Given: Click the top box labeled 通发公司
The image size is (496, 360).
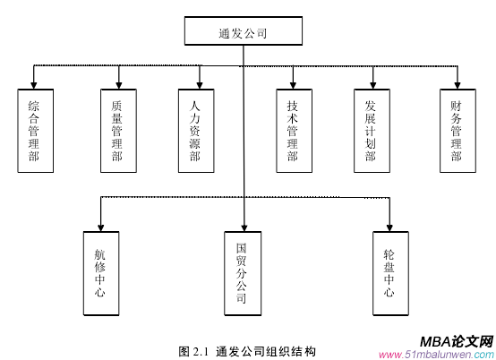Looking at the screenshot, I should [x=243, y=33].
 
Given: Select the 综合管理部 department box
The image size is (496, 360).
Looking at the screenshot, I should [x=34, y=130].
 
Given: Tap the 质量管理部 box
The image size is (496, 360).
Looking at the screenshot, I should [x=117, y=130].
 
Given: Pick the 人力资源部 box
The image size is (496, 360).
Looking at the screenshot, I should [x=195, y=130].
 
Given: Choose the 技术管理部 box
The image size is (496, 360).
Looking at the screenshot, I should [x=293, y=130].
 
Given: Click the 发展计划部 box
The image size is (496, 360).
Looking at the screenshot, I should [x=371, y=130].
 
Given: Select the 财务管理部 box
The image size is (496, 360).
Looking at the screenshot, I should [x=457, y=130].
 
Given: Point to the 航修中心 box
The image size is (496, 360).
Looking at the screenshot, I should [x=100, y=272].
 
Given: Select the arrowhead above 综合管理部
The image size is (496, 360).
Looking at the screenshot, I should [x=34, y=83].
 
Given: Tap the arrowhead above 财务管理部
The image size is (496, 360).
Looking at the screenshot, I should [x=457, y=83].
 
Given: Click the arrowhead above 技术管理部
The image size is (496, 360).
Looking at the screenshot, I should [x=293, y=83].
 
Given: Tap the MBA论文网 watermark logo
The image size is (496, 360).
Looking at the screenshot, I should [x=457, y=341].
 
